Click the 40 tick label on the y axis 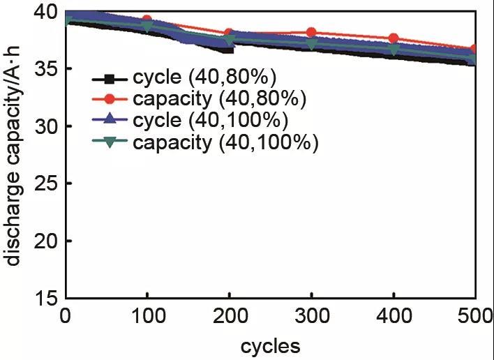tap(47, 12)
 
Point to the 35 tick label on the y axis tap(47, 69)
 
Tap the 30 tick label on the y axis tap(47, 126)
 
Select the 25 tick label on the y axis tap(47, 183)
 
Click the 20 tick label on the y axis tap(47, 241)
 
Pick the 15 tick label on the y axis tap(47, 298)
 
